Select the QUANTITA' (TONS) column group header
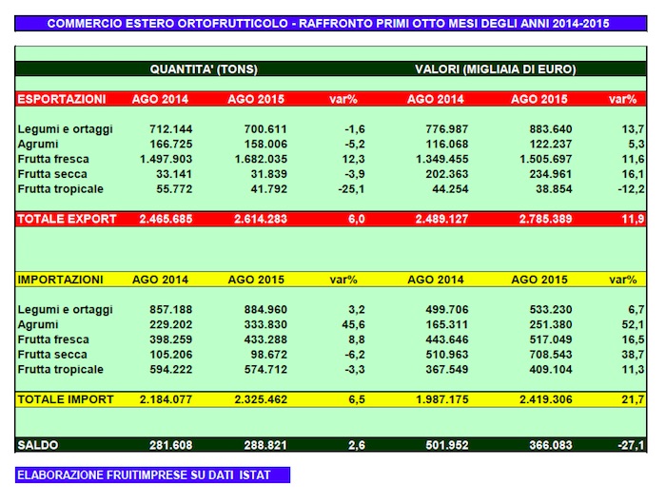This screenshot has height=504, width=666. coord(204,69)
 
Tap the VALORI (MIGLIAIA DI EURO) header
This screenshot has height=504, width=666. coord(495,69)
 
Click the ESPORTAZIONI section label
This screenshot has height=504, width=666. coord(62,99)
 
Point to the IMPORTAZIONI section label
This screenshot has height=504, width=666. coord(60,280)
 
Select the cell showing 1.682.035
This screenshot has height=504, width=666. coord(258,159)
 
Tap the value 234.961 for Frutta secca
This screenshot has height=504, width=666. coord(539,174)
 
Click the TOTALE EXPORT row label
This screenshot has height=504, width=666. coord(67,219)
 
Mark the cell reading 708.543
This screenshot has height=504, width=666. coord(539,354)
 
